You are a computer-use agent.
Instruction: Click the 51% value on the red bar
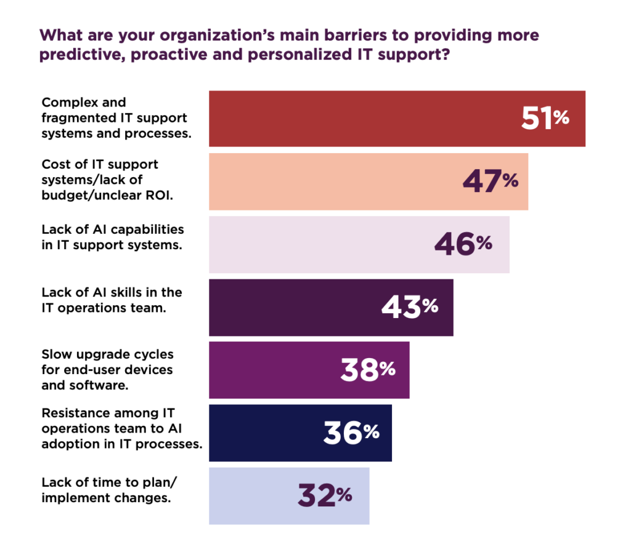click(545, 119)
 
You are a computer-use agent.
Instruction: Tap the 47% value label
click(491, 182)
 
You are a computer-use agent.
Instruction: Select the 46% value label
click(463, 244)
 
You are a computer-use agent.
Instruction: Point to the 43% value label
click(409, 307)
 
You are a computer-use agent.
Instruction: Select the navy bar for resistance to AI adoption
click(265, 433)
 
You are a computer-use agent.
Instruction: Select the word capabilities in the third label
click(152, 230)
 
